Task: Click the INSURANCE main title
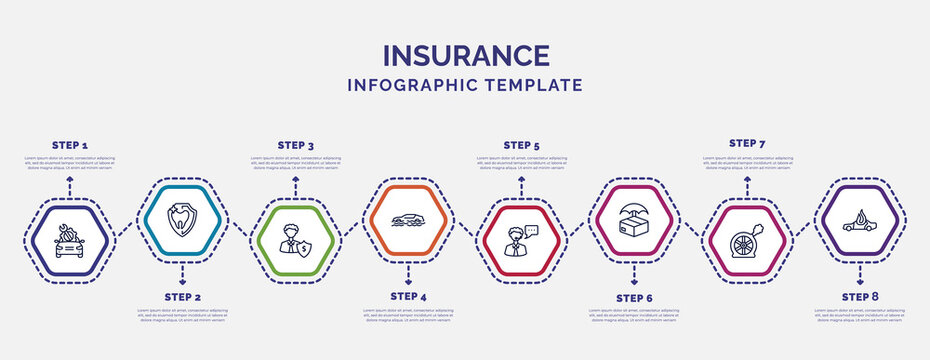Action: tap(465, 55)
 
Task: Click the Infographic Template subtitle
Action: tap(465, 85)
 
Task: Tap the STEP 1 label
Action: tap(69, 146)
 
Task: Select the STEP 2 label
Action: tap(182, 298)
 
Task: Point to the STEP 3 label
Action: tap(295, 146)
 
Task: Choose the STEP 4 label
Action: tap(408, 296)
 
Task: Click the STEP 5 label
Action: tap(521, 145)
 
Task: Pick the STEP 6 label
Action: tap(634, 298)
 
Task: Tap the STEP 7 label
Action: tap(747, 143)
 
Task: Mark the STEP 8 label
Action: tap(860, 296)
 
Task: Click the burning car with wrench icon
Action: tap(69, 240)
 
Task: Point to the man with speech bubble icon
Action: tap(521, 241)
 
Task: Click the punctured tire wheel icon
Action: tap(747, 241)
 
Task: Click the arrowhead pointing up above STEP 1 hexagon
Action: tap(69, 178)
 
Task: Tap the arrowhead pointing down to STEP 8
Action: tap(860, 283)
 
